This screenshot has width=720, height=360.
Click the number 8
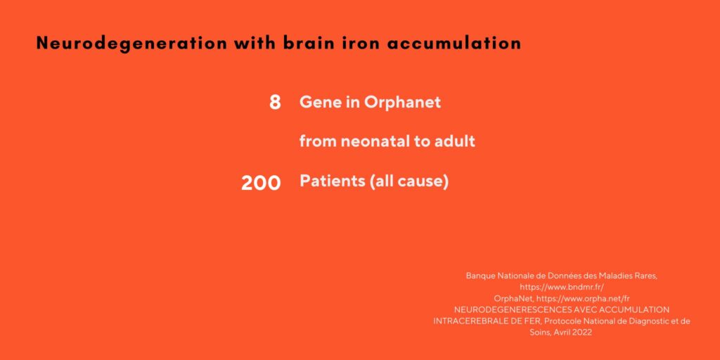[275, 103]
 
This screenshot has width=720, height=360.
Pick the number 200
[261, 184]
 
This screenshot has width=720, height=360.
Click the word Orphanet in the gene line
[402, 102]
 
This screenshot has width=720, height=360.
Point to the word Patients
[333, 181]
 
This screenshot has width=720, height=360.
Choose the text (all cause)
[409, 181]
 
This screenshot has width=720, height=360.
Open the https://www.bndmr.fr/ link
[562, 287]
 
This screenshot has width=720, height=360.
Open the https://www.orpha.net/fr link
[583, 298]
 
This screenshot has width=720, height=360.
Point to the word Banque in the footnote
[479, 276]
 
